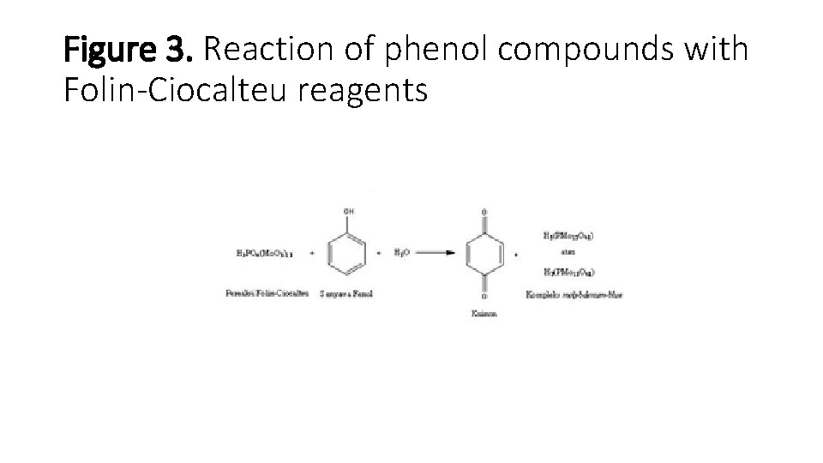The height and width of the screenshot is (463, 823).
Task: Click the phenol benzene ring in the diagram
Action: pyautogui.click(x=346, y=254)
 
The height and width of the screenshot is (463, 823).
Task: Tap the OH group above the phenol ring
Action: pyautogui.click(x=347, y=210)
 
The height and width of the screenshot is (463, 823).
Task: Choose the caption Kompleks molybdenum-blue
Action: pyautogui.click(x=574, y=295)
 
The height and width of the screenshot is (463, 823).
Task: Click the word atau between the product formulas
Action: pyautogui.click(x=566, y=254)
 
